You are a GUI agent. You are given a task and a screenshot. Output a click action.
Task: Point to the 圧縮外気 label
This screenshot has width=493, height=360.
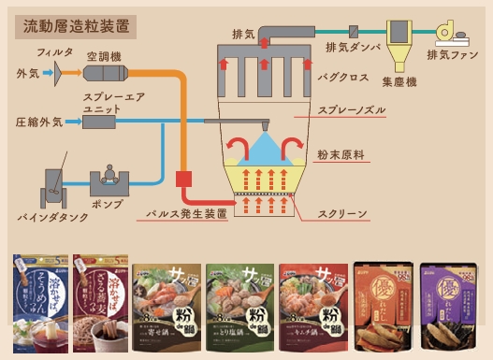click(38, 122)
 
